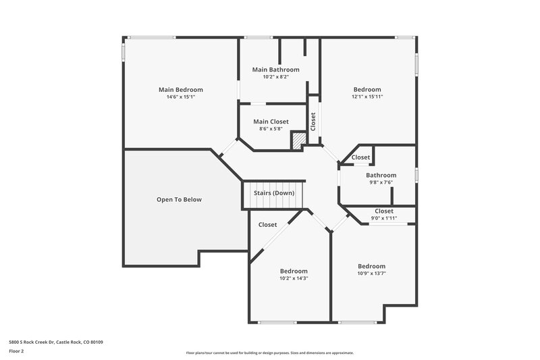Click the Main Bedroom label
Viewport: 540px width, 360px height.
tap(180, 89)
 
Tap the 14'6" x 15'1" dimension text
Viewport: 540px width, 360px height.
tap(180, 97)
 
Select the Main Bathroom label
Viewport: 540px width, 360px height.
tap(275, 70)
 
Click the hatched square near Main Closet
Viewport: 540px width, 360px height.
tap(298, 139)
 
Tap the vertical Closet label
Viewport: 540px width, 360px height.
tap(313, 122)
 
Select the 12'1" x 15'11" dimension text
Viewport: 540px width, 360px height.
tap(367, 97)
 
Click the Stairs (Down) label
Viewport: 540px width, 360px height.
tap(273, 193)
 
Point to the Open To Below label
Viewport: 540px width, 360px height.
tap(179, 199)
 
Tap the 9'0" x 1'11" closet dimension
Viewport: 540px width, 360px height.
tap(383, 218)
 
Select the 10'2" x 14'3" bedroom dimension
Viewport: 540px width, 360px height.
tap(294, 278)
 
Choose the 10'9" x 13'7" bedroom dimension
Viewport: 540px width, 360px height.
tap(371, 274)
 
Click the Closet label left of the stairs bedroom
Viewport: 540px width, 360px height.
tap(267, 225)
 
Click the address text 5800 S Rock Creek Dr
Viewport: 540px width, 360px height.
tap(56, 342)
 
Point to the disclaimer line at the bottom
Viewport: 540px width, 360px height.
tap(269, 353)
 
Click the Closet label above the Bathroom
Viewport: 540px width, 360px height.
tap(360, 157)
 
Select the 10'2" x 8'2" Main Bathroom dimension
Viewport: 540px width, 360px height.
tap(275, 77)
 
